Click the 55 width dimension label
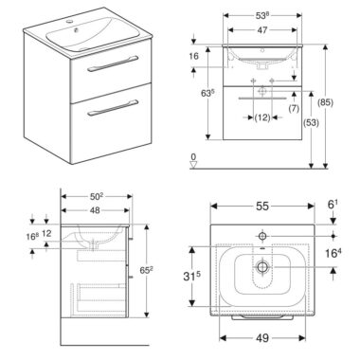point(262,207)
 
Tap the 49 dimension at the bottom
point(262,338)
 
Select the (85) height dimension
point(326,102)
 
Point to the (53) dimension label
point(311,122)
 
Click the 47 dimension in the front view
point(262,30)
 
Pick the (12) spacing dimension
point(262,117)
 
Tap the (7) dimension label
point(294,108)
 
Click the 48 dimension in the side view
point(95,210)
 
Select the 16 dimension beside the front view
point(193,56)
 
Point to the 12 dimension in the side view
point(46,233)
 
